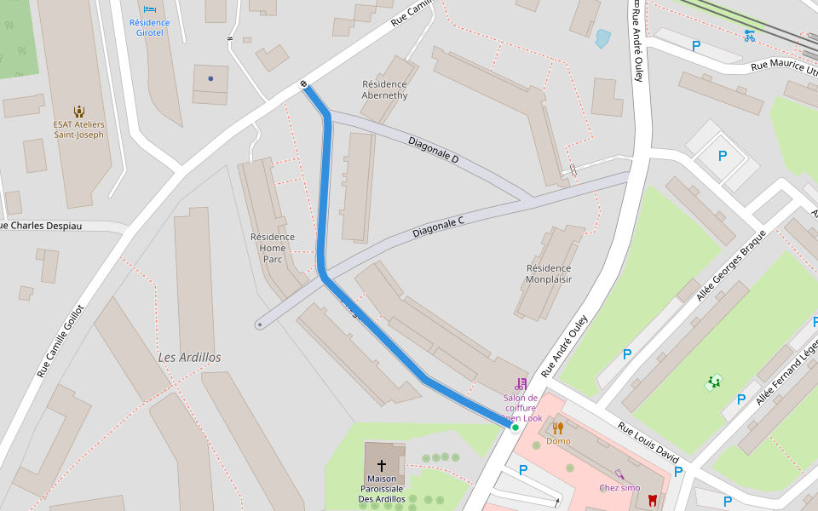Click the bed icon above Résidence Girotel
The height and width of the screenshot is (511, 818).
[150, 9]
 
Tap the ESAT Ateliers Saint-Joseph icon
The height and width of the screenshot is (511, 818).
[79, 111]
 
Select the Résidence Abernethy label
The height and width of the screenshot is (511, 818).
[384, 89]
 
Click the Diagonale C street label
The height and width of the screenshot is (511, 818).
[438, 227]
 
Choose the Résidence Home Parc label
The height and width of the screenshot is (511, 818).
[273, 248]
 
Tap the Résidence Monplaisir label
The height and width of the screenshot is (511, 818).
[549, 273]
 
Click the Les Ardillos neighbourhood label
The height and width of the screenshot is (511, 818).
[189, 358]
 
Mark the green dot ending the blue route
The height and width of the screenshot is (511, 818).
[515, 428]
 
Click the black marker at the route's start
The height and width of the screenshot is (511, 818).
[304, 84]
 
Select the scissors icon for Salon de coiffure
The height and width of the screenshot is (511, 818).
[521, 384]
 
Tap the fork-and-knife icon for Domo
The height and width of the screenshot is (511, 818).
[558, 428]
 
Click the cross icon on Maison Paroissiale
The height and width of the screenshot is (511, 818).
[382, 465]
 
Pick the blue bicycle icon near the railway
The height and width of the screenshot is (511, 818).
[749, 36]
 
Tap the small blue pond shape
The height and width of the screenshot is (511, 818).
[603, 38]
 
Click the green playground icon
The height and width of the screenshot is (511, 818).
[713, 383]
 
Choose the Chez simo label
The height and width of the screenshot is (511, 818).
[619, 487]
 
